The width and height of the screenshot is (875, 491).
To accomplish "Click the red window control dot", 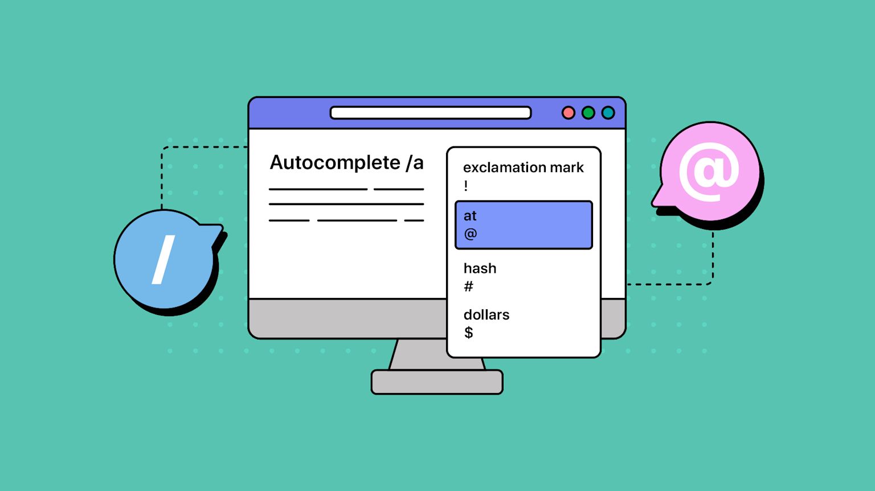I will (x=568, y=113).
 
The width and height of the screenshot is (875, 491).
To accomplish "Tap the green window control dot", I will (x=588, y=113).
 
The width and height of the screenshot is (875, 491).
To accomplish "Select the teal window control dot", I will (x=608, y=113).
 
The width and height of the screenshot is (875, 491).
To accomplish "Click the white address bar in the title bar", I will (x=431, y=113).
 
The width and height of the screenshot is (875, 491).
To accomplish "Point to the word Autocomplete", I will (x=335, y=163).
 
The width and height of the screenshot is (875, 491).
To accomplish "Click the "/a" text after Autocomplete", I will (x=415, y=163).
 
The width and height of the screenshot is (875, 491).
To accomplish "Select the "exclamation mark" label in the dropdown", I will (x=523, y=167).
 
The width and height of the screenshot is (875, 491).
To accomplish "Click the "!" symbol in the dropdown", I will (x=466, y=186).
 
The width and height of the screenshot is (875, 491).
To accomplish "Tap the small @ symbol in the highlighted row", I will (x=471, y=234).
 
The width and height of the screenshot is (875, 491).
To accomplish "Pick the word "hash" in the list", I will (x=480, y=268).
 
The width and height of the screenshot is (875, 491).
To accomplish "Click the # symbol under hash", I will (x=468, y=287).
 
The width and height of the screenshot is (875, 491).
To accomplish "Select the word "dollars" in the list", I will (x=486, y=314).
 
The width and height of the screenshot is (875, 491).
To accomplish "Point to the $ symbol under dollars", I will (x=468, y=333).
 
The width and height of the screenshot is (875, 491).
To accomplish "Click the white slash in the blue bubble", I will (x=163, y=260).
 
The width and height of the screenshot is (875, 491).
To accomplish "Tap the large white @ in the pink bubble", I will (x=709, y=171).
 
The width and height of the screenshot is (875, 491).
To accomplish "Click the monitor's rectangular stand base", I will (x=437, y=382).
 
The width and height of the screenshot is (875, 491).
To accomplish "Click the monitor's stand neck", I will (x=419, y=355).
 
